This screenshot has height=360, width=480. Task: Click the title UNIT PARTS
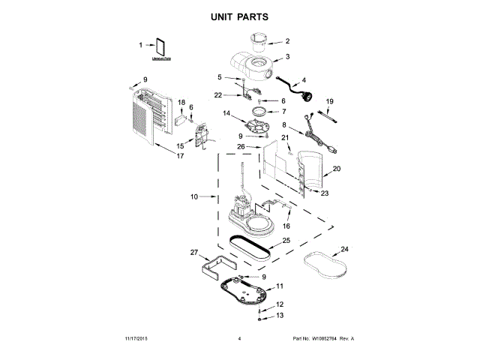[240, 16]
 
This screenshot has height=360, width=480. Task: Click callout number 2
[286, 40]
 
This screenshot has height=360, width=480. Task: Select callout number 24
[344, 249]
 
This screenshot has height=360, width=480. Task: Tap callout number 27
[193, 253]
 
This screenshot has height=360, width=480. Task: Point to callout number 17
[179, 156]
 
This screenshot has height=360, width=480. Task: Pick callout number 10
[193, 196]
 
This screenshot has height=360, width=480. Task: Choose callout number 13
[280, 316]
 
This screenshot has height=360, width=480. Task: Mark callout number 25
[285, 241]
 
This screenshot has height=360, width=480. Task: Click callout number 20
[337, 169]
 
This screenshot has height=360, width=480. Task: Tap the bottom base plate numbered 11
[242, 289]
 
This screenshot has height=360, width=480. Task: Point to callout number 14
[226, 113]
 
